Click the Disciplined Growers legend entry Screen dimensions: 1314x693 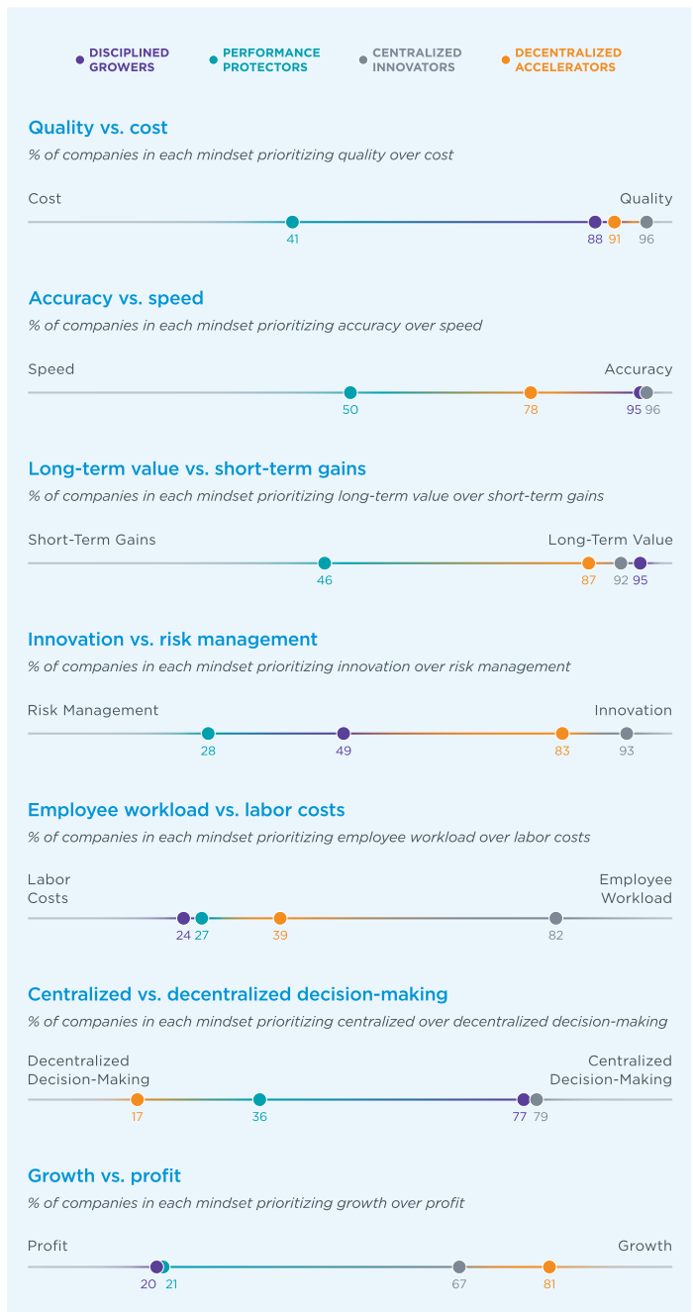pos(123,60)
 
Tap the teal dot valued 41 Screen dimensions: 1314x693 pos(292,222)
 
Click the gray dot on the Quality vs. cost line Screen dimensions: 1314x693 pos(646,222)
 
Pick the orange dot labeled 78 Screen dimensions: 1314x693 pos(531,392)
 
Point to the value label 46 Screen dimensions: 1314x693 pos(325,580)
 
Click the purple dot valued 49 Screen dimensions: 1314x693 pos(344,734)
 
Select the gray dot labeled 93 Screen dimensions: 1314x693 pos(627,734)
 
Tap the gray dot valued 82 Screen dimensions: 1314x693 pos(555,918)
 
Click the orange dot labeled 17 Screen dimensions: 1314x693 pos(138,1099)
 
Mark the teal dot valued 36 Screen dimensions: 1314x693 pos(259,1099)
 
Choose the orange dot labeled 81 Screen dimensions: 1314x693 pos(549,1266)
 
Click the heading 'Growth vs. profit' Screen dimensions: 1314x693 pos(104,1175)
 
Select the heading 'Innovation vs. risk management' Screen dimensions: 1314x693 pos(172,639)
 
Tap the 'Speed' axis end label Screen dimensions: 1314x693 pos(51,369)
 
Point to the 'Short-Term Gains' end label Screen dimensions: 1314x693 pos(92,540)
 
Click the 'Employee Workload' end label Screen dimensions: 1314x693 pos(635,889)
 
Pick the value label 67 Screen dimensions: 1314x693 pos(458,1284)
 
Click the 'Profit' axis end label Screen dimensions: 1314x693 pos(48,1246)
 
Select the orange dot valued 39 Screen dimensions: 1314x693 pos(280,918)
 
